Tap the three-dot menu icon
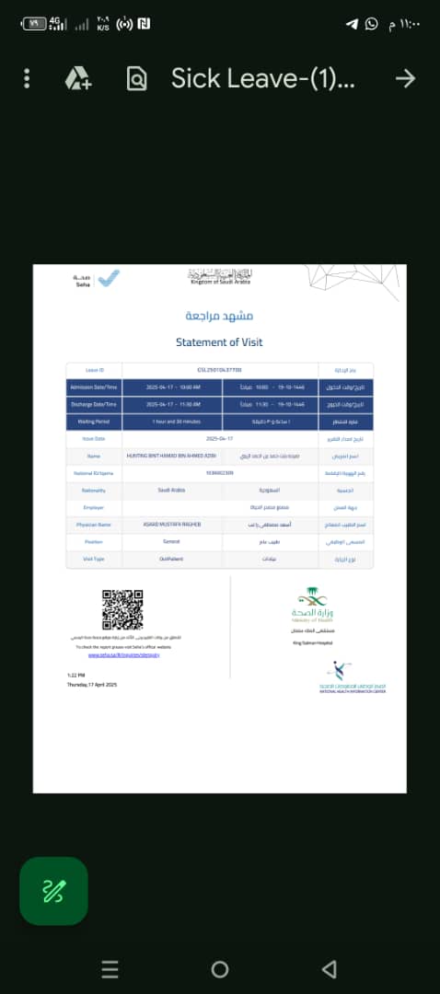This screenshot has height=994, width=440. point(28,79)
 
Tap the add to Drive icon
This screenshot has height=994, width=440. point(77,79)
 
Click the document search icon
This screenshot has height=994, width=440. point(136,79)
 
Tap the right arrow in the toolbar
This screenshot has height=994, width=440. point(405,79)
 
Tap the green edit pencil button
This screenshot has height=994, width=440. point(53,890)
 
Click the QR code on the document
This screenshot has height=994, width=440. point(122,609)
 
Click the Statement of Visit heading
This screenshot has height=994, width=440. point(219,342)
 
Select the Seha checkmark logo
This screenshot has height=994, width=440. point(109,277)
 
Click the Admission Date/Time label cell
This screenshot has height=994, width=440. point(94,387)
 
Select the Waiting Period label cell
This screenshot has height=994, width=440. point(94,422)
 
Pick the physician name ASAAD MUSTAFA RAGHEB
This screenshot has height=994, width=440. point(171,525)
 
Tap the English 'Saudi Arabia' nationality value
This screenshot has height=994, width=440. point(171,490)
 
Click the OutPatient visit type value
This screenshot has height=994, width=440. point(171,559)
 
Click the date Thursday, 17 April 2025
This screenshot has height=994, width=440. point(92,685)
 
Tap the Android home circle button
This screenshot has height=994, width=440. point(219,968)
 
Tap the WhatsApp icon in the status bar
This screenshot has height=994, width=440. point(371,24)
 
